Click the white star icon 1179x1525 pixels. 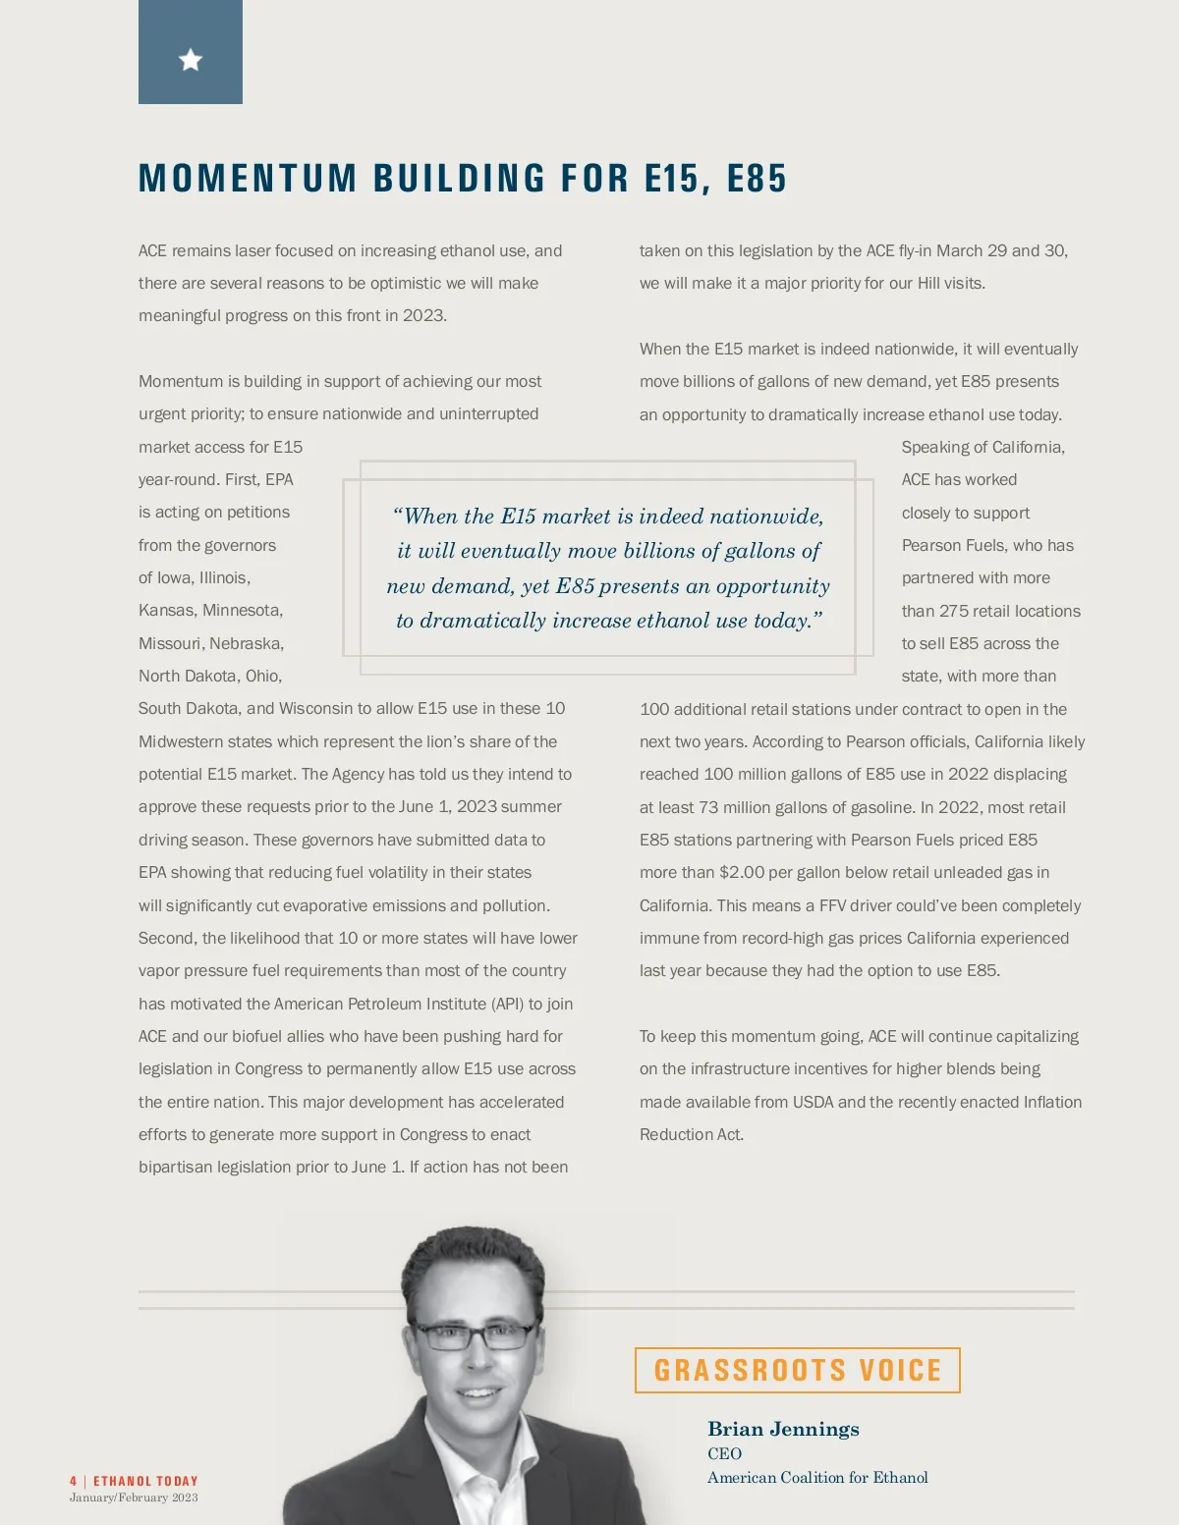(191, 61)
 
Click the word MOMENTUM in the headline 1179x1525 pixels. (248, 179)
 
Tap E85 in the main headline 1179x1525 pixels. (757, 179)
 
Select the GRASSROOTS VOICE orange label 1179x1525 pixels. (797, 1370)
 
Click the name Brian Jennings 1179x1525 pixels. (783, 1429)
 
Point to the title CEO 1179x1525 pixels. (724, 1453)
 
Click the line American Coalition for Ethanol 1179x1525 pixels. (817, 1477)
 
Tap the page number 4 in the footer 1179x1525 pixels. (74, 1481)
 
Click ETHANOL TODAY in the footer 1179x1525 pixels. (145, 1481)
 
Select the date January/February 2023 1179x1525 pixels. (134, 1498)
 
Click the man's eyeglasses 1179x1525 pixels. (475, 1335)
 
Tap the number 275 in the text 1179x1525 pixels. (953, 611)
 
